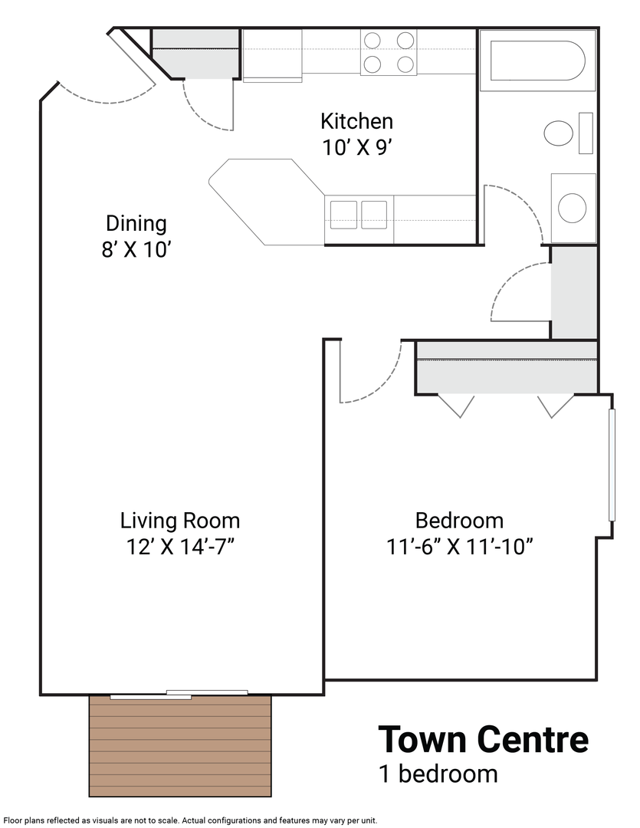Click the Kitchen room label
pos(356,121)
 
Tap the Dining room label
pos(136,223)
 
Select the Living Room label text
pos(180,521)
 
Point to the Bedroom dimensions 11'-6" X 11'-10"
pos(459,547)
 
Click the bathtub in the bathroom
pos(537,61)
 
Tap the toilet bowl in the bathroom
pos(559,133)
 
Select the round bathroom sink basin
pos(572,208)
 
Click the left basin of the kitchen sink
pos(344,215)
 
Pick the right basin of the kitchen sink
pos(374,215)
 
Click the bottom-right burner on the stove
pos(405,64)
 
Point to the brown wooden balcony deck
pos(180,746)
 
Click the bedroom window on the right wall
pos(612,465)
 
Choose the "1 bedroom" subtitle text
pos(438,774)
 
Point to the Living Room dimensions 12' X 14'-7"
pos(180,547)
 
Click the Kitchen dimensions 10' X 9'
pos(356,148)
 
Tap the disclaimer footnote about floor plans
pos(191,820)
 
